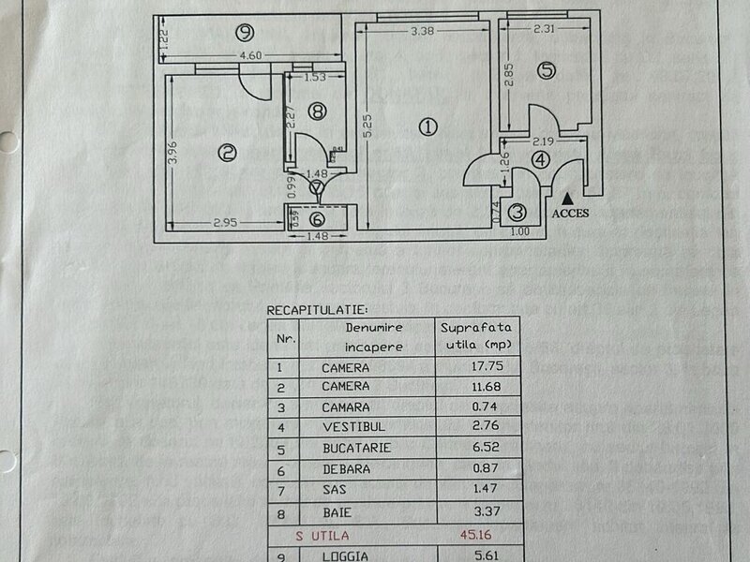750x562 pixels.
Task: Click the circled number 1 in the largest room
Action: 428,127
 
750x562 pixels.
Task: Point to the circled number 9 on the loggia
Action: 245,33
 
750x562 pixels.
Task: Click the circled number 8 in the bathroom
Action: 318,111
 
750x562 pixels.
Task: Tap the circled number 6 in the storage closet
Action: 318,219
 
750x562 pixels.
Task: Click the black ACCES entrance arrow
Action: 568,197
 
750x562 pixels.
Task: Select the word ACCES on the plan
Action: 570,213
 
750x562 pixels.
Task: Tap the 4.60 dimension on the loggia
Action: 249,57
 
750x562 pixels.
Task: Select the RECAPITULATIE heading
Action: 318,308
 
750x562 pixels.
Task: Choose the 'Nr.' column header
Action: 285,337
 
